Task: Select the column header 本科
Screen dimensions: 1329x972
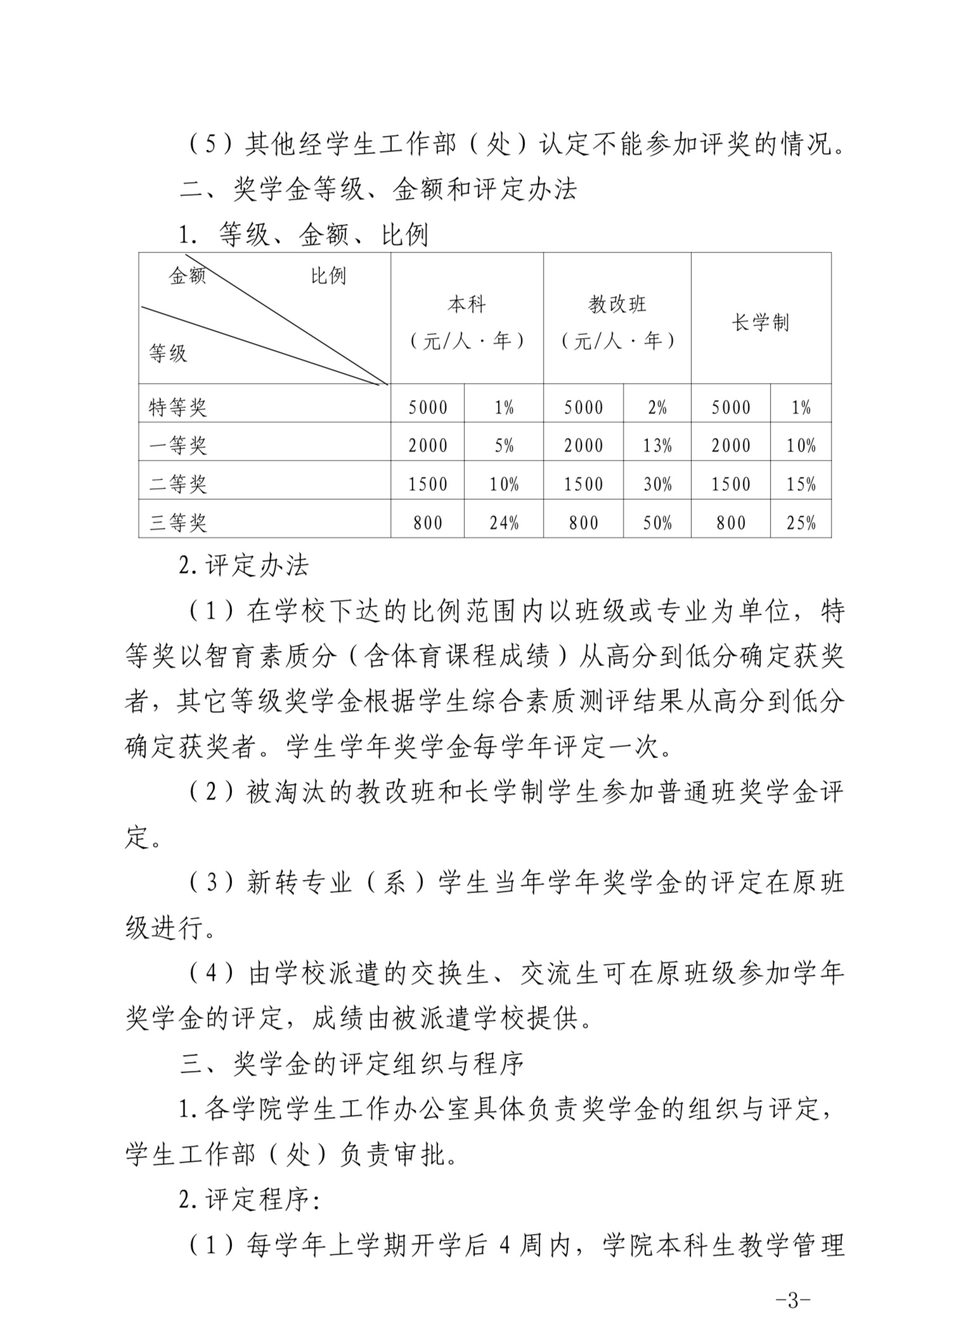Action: [467, 305]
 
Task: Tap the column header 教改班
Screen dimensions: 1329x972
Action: [617, 305]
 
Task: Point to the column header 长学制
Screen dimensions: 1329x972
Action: [760, 323]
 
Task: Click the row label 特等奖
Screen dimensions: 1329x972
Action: [178, 407]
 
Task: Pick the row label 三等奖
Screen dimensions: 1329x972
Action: [178, 523]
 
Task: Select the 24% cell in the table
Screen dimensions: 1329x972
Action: [504, 523]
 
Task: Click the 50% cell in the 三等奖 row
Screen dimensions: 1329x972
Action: [658, 523]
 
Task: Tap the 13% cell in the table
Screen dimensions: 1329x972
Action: [658, 446]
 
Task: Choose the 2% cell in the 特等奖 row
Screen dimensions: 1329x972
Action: [658, 407]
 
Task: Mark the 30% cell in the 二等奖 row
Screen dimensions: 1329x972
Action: [658, 485]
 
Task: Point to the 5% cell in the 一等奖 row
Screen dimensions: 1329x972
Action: [504, 446]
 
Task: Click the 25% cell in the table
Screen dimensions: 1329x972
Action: [801, 523]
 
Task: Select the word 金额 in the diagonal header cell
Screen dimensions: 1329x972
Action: [187, 276]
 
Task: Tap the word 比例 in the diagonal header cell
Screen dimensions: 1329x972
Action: [328, 276]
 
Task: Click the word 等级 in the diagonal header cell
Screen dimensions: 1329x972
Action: [168, 353]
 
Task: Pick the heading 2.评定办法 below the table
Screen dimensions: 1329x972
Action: [244, 565]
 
